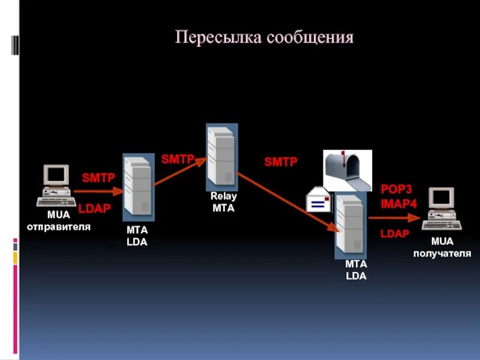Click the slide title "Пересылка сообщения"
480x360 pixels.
[x=265, y=38]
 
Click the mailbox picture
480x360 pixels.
[x=347, y=170]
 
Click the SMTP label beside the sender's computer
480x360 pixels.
[x=98, y=178]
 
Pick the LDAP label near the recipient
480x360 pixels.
[x=395, y=233]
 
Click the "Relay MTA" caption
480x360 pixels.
[x=224, y=202]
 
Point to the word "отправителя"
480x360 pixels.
[x=58, y=227]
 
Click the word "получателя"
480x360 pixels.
[x=442, y=253]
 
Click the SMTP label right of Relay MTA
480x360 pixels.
[x=281, y=162]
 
